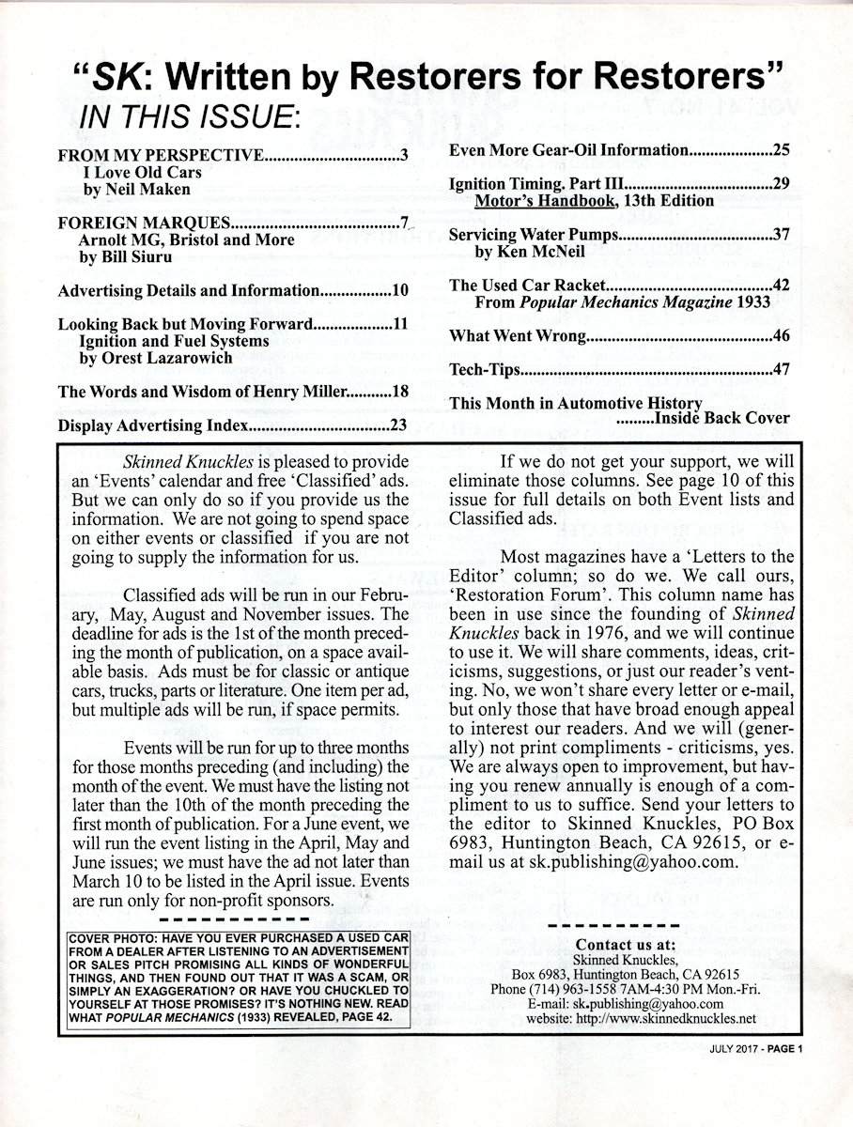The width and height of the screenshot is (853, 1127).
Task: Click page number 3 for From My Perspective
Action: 402,156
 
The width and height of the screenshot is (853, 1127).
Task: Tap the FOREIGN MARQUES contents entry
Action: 145,224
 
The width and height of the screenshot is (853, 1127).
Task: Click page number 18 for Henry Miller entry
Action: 399,392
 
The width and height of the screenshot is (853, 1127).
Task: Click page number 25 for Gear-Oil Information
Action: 781,149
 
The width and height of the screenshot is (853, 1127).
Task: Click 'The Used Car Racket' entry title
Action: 531,286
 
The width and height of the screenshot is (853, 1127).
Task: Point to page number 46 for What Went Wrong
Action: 781,336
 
